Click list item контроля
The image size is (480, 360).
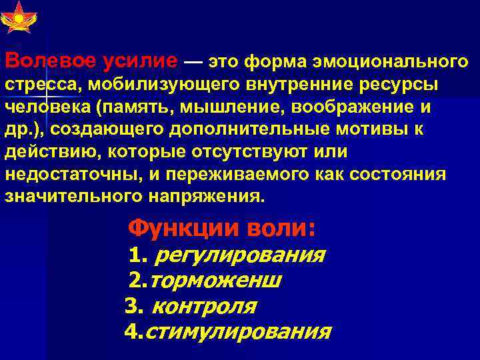[204, 306]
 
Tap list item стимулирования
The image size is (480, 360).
[237, 331]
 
